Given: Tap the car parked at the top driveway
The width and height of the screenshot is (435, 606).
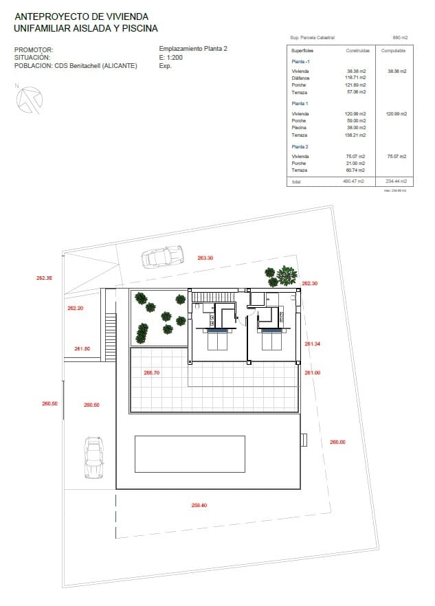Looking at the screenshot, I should coord(162,256).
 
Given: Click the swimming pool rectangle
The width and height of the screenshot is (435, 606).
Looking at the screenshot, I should coord(190,453).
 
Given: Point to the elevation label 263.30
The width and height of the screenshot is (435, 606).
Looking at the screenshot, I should coord(205,258).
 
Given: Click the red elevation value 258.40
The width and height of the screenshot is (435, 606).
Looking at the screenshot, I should coord(199,505).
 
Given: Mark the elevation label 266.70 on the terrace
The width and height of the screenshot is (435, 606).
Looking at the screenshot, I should coord(151,372).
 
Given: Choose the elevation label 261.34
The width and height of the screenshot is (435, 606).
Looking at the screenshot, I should coord(313,344).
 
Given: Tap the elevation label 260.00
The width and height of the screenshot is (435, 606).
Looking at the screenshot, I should coord(337,442).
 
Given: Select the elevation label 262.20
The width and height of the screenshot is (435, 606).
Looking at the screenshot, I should coord(76,308).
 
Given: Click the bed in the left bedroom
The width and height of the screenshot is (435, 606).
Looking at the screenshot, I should coord(219,340).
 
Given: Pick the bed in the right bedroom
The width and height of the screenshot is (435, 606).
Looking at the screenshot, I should coord(271,340).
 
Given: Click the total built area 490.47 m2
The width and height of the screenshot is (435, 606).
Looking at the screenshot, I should coord(356,181).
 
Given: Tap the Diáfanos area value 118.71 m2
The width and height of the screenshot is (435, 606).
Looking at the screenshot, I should coord(356,78).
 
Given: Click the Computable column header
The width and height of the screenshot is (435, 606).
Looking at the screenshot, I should coord(393,51).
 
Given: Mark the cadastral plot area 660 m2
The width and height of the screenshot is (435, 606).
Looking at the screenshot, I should coord(400,38).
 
